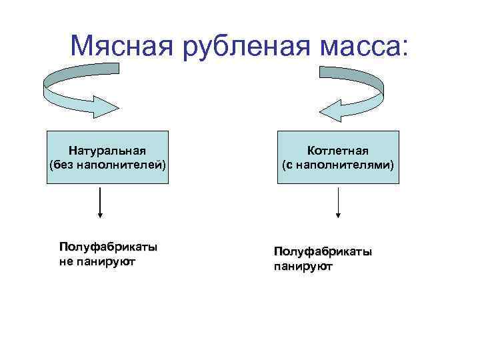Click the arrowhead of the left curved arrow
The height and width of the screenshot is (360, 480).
(x=107, y=107)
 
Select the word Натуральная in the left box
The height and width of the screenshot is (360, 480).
(x=107, y=151)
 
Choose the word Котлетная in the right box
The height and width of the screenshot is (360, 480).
(x=339, y=151)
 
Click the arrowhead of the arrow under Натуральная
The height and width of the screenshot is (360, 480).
(x=100, y=214)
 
